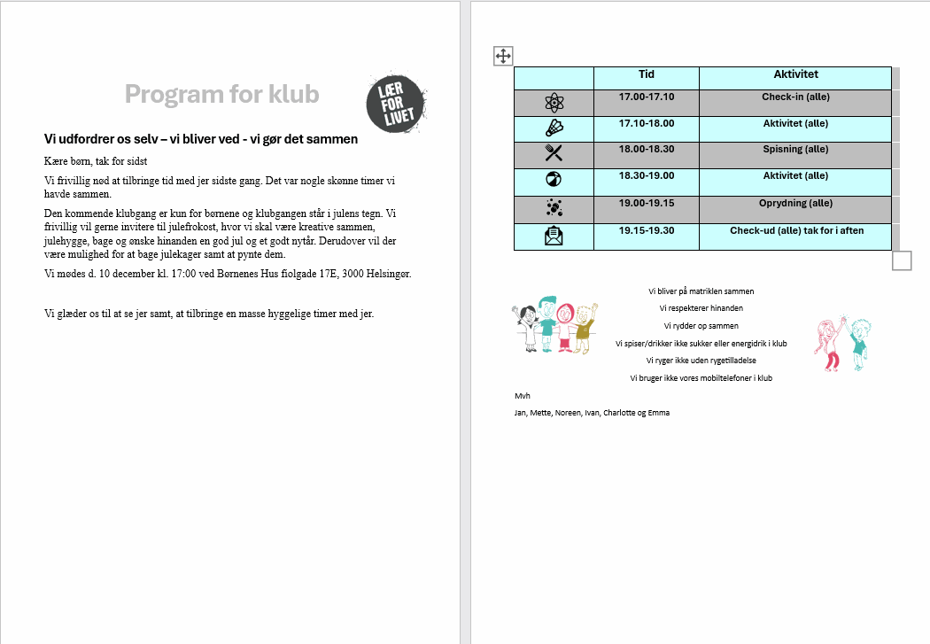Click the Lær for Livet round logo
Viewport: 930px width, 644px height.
point(396,104)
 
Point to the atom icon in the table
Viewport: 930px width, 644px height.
point(554,103)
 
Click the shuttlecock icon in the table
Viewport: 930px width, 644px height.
point(554,128)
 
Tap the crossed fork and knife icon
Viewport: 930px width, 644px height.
point(554,153)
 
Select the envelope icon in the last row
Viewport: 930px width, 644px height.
point(554,236)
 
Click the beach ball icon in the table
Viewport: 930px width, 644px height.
point(554,178)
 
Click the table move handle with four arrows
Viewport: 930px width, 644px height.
point(503,57)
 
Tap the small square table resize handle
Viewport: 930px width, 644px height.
point(902,260)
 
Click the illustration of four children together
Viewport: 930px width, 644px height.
point(555,324)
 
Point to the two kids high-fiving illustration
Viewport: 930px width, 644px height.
point(843,344)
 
